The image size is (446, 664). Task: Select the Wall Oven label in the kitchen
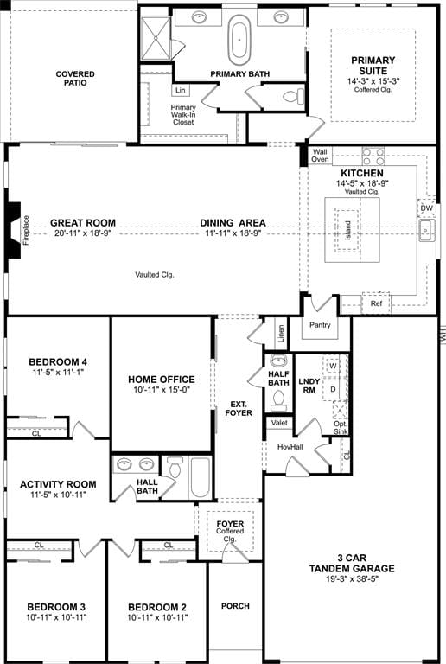[x=321, y=156]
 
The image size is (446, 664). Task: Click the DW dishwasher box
[x=426, y=208]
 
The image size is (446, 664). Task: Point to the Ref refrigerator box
[x=376, y=303]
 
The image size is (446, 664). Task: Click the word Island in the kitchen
[x=347, y=230]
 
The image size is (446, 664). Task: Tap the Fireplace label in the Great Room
[x=26, y=230]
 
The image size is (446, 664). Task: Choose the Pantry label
[x=320, y=325]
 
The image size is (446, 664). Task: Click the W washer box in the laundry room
[x=333, y=366]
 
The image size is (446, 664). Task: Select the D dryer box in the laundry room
[x=333, y=389]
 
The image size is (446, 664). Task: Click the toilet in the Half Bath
[x=278, y=399]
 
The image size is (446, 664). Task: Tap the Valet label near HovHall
[x=279, y=423]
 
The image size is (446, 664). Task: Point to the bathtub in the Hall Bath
[x=200, y=477]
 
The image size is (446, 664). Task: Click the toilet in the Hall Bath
[x=174, y=468]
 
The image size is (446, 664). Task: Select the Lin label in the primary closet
[x=181, y=90]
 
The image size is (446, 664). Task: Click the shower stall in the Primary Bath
[x=156, y=38]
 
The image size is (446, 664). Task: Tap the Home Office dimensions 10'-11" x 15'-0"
[x=162, y=390]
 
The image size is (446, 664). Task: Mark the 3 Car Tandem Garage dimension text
[x=350, y=579]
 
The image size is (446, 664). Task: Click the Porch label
[x=235, y=606]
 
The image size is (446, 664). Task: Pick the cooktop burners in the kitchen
[x=373, y=156]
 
